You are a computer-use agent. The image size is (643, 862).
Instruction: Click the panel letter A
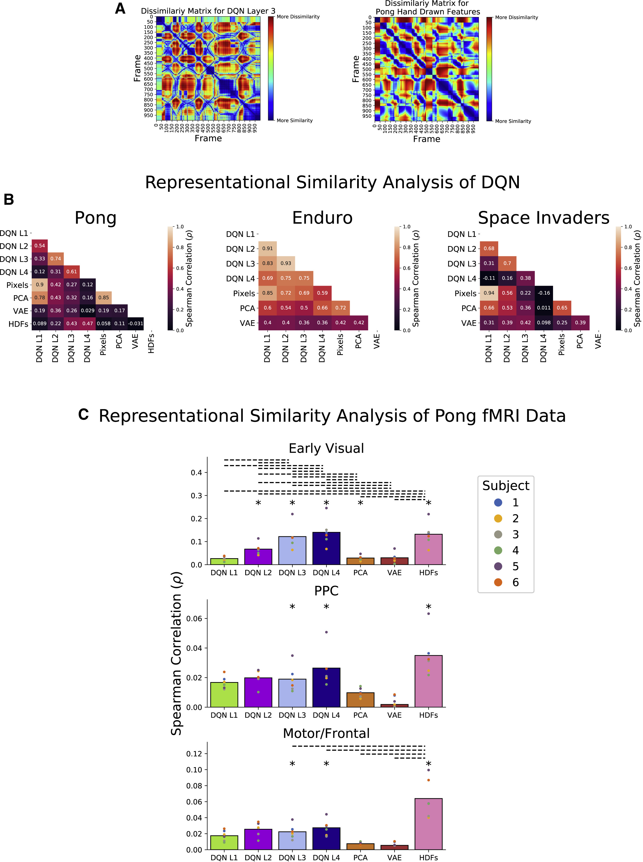[120, 9]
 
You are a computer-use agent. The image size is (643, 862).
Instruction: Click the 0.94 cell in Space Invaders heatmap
[489, 293]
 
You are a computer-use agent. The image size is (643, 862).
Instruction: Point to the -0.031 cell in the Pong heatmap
[135, 324]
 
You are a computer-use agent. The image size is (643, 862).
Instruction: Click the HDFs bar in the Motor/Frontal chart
[428, 824]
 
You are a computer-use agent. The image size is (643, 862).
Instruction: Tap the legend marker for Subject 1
[498, 502]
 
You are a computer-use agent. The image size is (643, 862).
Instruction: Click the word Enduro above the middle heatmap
[322, 218]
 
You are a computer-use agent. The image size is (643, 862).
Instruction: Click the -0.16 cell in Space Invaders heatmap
[544, 293]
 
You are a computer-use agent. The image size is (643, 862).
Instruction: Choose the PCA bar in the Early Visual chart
[360, 561]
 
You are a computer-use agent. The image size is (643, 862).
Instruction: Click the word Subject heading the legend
[506, 486]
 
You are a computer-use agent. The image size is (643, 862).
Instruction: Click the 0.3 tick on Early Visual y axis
[196, 496]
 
